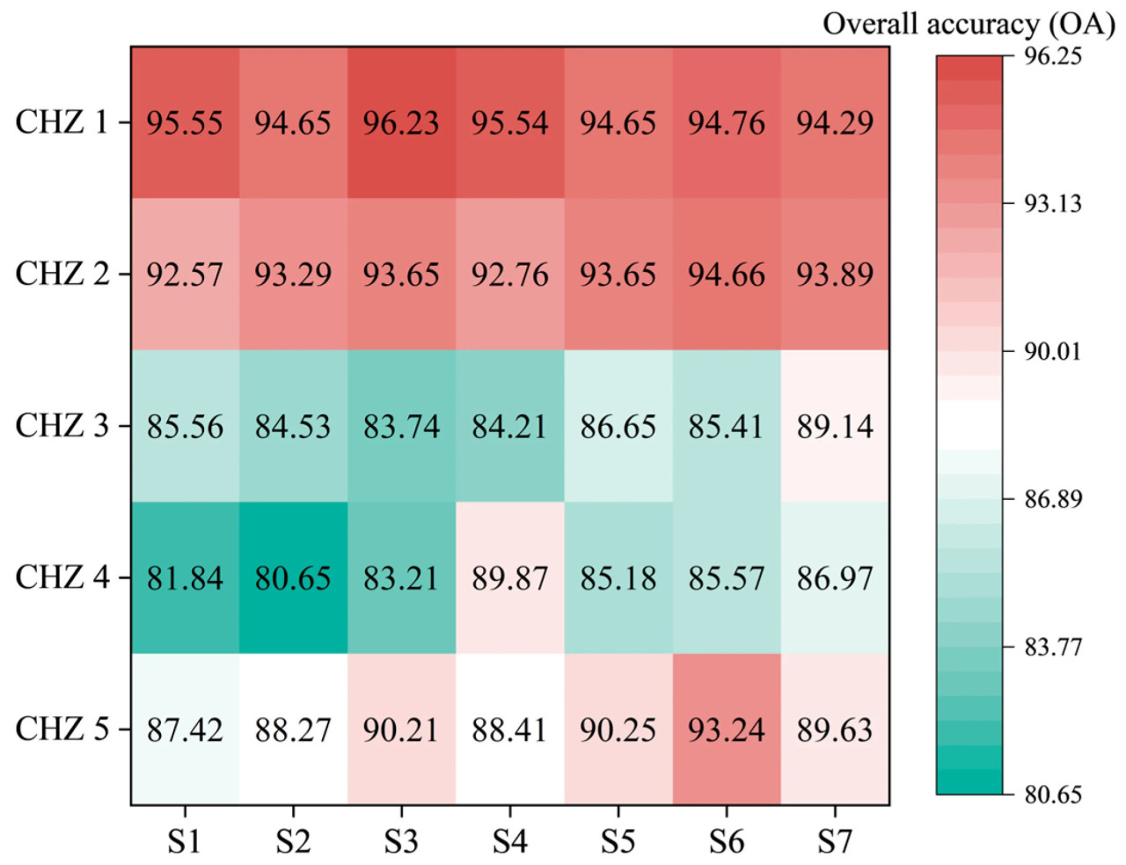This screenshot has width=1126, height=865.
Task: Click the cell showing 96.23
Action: point(401,122)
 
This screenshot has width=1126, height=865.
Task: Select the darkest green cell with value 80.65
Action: point(293,578)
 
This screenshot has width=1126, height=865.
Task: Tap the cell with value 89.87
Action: point(509,578)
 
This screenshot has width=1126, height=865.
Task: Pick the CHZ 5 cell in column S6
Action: point(727,729)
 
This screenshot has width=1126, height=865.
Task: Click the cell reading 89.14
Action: point(835,427)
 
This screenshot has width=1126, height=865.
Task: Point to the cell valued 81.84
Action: point(185,578)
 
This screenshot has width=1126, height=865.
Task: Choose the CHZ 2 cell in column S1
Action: point(185,275)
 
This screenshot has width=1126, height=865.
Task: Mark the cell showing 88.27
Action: point(293,729)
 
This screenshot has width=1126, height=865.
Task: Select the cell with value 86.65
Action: point(618,427)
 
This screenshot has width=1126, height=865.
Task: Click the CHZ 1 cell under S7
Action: point(835,122)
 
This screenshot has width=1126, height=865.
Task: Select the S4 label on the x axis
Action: point(509,842)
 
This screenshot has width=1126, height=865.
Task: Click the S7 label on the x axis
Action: point(835,842)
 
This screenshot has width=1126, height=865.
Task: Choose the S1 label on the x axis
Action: point(185,842)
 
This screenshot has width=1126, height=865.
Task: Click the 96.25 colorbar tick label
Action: point(1053,56)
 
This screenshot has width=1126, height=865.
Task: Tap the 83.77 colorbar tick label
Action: point(1053,648)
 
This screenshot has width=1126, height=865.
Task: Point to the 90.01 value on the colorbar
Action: point(1053,352)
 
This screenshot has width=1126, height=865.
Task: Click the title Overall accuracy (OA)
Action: point(969,24)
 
